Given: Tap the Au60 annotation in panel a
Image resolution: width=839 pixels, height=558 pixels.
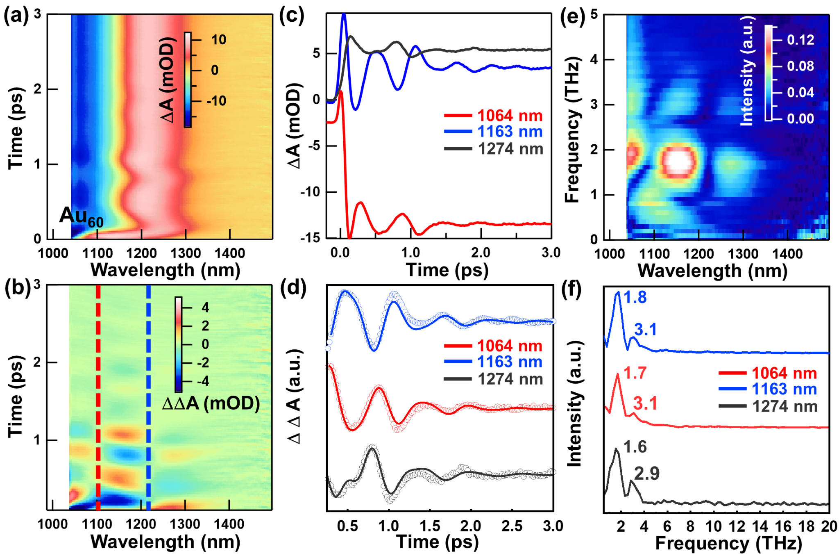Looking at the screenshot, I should (x=81, y=216).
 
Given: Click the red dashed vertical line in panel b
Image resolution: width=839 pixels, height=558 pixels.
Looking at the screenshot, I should (x=98, y=394).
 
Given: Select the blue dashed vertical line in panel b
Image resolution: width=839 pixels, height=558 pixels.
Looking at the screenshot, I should (x=148, y=394).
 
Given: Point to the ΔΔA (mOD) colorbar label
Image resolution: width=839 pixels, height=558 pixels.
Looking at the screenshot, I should (x=211, y=404).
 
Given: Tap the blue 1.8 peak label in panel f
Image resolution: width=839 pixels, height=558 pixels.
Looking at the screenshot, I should (x=635, y=297).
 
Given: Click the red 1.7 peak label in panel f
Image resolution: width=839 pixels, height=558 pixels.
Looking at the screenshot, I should (x=635, y=373).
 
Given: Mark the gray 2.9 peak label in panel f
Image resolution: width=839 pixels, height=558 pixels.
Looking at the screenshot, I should (x=647, y=474).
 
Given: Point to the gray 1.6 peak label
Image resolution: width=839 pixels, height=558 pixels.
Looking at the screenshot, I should (x=635, y=447).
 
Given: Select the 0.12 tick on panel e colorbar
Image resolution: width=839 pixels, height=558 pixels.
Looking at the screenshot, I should (x=800, y=40).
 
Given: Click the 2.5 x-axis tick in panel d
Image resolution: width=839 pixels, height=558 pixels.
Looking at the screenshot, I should (x=512, y=526).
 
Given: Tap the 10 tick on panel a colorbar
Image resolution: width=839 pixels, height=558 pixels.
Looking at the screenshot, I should (x=219, y=40).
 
